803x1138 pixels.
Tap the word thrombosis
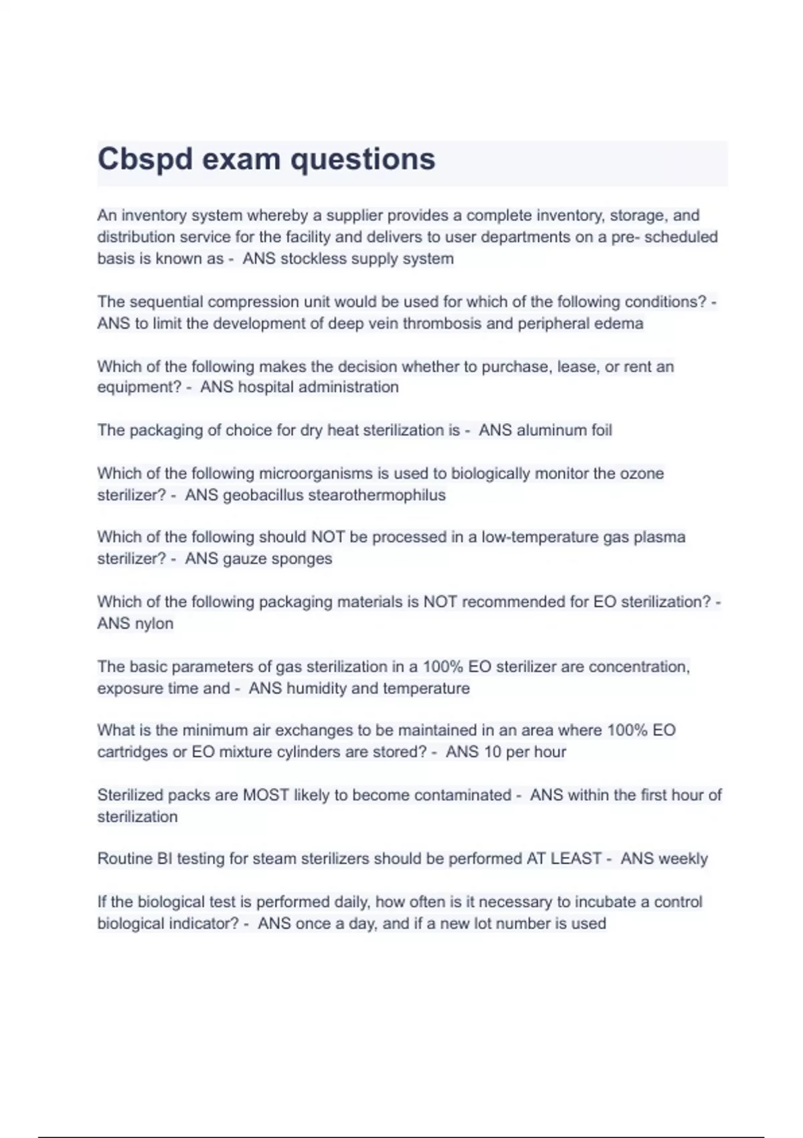point(442,324)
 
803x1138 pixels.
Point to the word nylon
point(154,624)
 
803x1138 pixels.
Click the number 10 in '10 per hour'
point(493,752)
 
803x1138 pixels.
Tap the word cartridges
point(132,752)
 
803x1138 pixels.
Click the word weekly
point(683,859)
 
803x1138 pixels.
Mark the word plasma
point(660,538)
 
